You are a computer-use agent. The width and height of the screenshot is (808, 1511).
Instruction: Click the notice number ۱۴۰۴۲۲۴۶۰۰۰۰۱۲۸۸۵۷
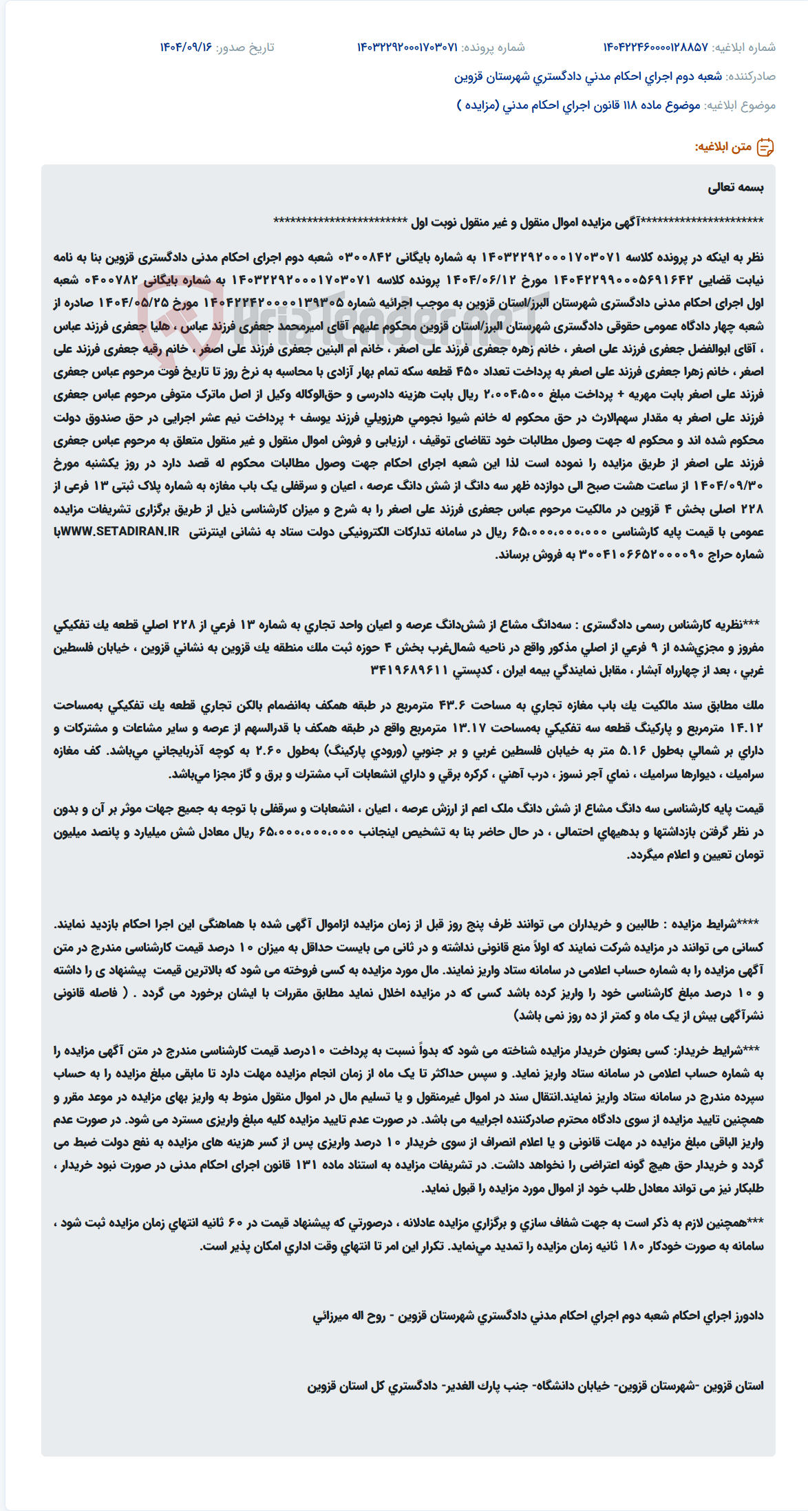655,47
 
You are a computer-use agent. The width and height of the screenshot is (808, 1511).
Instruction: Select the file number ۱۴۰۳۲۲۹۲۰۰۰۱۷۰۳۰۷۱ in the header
407,47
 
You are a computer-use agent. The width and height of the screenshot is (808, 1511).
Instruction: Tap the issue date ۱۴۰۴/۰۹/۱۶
186,47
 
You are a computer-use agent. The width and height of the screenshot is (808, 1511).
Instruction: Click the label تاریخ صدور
245,47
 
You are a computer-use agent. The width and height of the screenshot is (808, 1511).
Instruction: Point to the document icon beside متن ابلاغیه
765,147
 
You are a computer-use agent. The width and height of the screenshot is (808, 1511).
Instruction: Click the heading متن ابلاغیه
723,147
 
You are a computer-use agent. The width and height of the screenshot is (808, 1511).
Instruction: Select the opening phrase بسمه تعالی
736,187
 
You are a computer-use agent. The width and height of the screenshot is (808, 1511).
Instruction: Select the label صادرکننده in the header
751,76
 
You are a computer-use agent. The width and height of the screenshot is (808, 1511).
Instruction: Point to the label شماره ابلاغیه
743,47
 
